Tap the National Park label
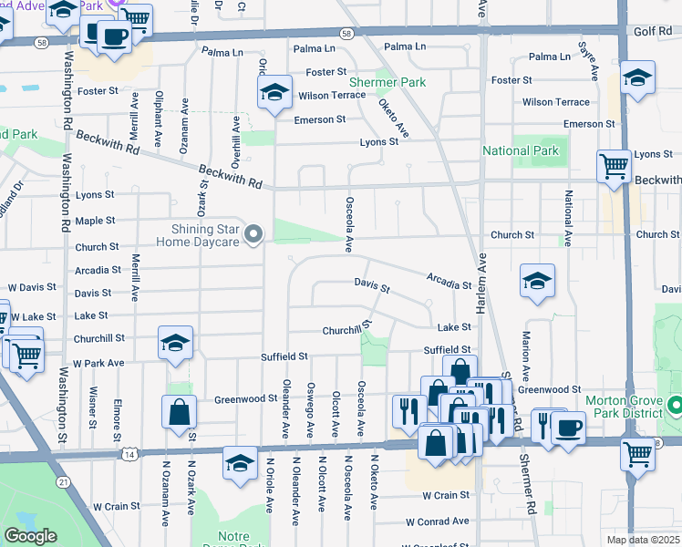tap(519, 150)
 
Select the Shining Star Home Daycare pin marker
tap(255, 235)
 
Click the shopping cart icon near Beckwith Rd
tap(614, 166)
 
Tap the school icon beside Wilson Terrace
tap(273, 93)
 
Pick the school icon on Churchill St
tap(175, 344)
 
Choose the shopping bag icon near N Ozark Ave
tap(179, 412)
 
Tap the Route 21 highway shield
tap(62, 480)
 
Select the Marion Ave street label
tap(526, 344)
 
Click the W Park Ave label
tap(98, 363)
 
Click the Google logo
tap(30, 536)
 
